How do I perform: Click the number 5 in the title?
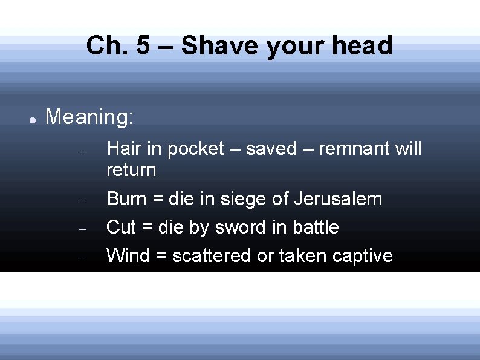click(x=143, y=45)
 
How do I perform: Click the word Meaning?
click(x=89, y=117)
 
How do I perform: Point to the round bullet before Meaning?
click(x=33, y=120)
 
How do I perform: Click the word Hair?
click(x=122, y=149)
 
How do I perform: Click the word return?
click(x=131, y=170)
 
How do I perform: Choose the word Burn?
click(x=125, y=198)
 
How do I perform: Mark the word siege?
click(x=242, y=198)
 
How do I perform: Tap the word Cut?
click(x=121, y=227)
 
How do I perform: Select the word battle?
click(x=316, y=227)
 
